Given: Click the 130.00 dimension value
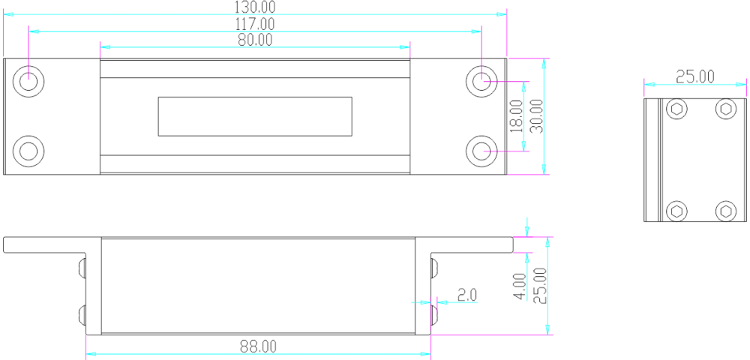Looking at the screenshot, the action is pyautogui.click(x=255, y=7).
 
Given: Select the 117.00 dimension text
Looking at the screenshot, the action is pyautogui.click(x=255, y=23).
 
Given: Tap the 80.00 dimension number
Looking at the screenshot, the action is pyautogui.click(x=255, y=40).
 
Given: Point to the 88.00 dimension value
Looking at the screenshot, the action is pyautogui.click(x=259, y=346).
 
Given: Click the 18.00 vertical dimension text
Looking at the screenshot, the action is pyautogui.click(x=517, y=116).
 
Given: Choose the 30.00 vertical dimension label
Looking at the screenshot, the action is pyautogui.click(x=537, y=116).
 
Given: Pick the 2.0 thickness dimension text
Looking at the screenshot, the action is pyautogui.click(x=467, y=295).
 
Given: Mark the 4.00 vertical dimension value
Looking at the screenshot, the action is pyautogui.click(x=520, y=286).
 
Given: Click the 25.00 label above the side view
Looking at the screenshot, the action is pyautogui.click(x=695, y=76).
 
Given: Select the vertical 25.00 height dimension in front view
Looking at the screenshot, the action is pyautogui.click(x=539, y=286).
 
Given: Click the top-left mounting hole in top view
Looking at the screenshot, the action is pyautogui.click(x=28, y=81).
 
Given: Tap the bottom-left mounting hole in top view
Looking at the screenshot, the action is pyautogui.click(x=28, y=151).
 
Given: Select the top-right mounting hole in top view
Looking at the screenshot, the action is pyautogui.click(x=481, y=81).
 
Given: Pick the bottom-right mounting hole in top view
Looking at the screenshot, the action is pyautogui.click(x=481, y=151).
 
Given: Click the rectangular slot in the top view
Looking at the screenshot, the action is pyautogui.click(x=255, y=117).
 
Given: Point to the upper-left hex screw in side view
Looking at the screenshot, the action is pyautogui.click(x=676, y=109).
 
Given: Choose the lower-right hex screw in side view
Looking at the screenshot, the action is pyautogui.click(x=725, y=211).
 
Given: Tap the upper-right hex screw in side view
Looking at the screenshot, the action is pyautogui.click(x=725, y=109).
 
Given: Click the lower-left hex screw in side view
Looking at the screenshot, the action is pyautogui.click(x=676, y=211).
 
